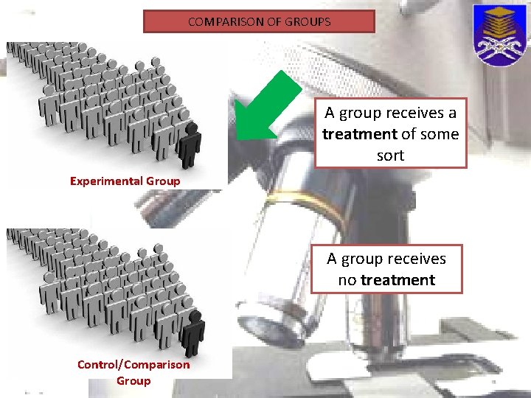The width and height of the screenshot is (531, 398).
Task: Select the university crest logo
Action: [499, 35]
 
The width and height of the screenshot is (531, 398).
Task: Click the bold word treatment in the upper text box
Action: [359, 134]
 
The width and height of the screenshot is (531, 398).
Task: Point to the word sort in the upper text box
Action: [390, 156]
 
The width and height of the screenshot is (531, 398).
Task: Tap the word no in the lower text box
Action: [347, 280]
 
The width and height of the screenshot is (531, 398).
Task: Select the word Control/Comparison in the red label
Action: [133, 364]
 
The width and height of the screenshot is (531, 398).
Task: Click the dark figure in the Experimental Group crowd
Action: [190, 144]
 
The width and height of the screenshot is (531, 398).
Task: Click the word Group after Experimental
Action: [163, 181]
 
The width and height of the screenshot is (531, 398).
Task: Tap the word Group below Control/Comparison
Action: [133, 380]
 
